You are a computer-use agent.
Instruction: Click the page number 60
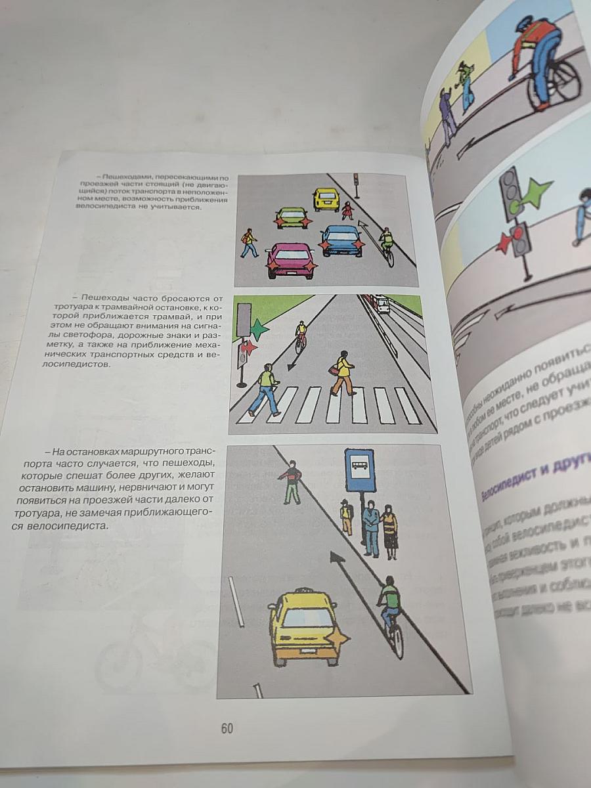click(227, 728)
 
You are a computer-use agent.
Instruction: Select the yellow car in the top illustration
click(326, 199)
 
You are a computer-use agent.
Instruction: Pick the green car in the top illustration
click(292, 217)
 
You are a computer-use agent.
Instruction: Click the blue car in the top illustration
click(341, 240)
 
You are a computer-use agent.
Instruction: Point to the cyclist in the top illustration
click(387, 245)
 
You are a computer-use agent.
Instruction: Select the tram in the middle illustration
click(380, 304)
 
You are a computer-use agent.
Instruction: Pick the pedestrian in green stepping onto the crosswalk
click(266, 389)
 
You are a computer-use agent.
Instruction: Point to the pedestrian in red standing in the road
click(290, 481)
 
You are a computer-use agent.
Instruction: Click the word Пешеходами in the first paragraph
click(126, 177)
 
